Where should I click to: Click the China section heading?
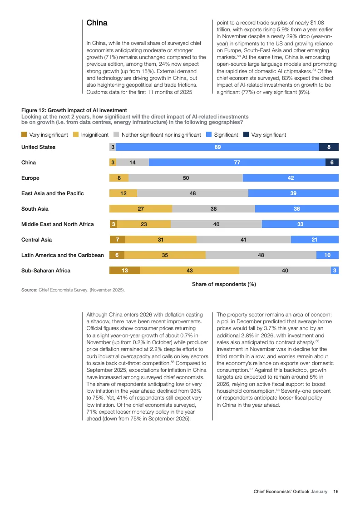click(97, 23)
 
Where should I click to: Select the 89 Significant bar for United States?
click(217, 147)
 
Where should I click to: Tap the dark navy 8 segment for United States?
click(329, 147)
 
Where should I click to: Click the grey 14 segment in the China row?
click(133, 163)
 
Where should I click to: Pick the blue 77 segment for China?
click(237, 163)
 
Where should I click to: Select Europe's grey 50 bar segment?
click(186, 178)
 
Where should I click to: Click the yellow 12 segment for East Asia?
click(123, 193)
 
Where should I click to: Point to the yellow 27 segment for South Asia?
click(141, 209)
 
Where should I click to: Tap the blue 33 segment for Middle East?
click(300, 224)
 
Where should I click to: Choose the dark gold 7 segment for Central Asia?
click(118, 240)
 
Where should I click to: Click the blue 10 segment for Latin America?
click(327, 255)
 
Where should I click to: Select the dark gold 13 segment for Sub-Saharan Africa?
click(125, 271)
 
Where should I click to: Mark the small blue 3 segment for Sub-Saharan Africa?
click(335, 271)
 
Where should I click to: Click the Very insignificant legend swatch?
click(24, 135)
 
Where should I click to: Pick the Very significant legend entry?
click(268, 135)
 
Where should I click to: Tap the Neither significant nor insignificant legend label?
click(161, 135)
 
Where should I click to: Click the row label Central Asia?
click(36, 240)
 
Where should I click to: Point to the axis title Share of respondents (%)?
click(224, 284)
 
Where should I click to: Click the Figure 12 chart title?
click(74, 110)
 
